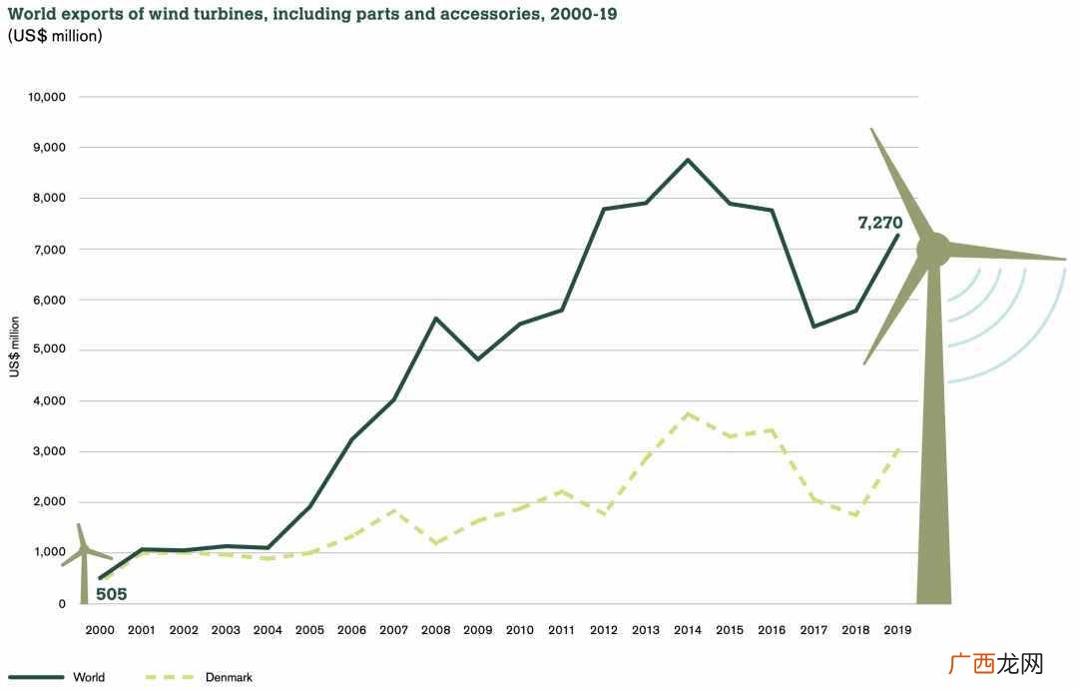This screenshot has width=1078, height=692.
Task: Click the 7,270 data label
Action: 880,223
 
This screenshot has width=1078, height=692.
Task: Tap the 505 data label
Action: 112,594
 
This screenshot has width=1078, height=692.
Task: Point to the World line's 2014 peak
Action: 688,160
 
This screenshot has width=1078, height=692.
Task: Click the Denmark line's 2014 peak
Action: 688,413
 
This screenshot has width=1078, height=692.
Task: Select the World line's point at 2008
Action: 436,318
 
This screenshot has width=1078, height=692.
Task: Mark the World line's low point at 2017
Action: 814,327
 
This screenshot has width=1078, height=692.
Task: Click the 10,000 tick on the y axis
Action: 47,97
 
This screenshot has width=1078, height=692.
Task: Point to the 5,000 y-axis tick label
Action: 50,348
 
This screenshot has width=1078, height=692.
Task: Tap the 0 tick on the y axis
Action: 62,604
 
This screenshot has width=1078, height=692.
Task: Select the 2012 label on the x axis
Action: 604,629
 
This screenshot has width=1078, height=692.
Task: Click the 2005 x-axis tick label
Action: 309,629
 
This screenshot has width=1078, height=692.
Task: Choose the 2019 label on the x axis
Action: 897,629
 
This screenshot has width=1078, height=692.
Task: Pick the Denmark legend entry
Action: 199,677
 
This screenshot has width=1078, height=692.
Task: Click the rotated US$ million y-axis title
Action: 14,346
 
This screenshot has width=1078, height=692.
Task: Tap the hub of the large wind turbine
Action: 933,250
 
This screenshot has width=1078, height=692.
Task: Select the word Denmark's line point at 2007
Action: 394,509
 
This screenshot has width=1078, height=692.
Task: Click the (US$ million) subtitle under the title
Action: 55,36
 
